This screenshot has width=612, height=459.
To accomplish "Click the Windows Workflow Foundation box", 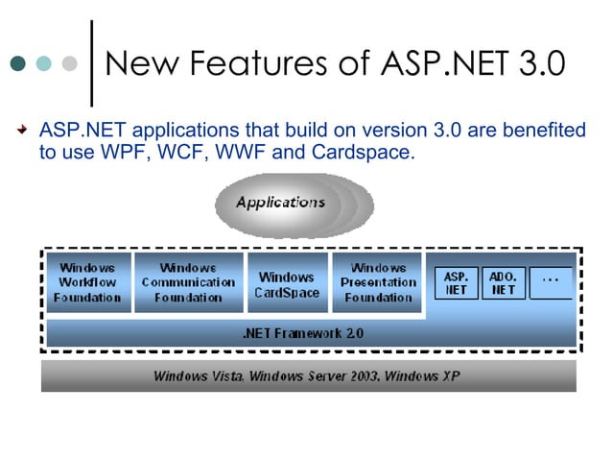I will [88, 282].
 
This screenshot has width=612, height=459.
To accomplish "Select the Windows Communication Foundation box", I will [188, 282].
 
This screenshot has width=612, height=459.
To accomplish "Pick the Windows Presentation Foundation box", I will [378, 282].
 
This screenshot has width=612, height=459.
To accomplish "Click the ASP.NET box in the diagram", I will [456, 282].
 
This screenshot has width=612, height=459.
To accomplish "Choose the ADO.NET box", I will [504, 282].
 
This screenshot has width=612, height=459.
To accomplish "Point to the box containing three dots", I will [551, 281].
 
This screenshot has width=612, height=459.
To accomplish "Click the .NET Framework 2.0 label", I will [303, 334].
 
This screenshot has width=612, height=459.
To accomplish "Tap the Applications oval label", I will [281, 203].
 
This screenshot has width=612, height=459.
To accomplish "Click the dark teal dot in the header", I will [18, 64].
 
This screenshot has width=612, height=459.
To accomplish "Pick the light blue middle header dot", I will [44, 64].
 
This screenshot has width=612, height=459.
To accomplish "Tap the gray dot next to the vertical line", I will [69, 64].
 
